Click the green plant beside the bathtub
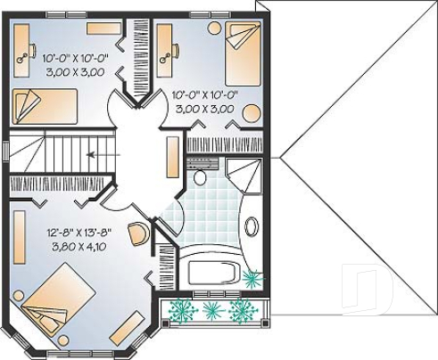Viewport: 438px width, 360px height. coord(252,280)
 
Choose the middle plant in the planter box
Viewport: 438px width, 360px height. coord(212,310)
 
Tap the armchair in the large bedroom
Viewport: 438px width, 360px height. coord(138,234)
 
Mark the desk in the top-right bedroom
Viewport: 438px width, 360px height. coord(165,50)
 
